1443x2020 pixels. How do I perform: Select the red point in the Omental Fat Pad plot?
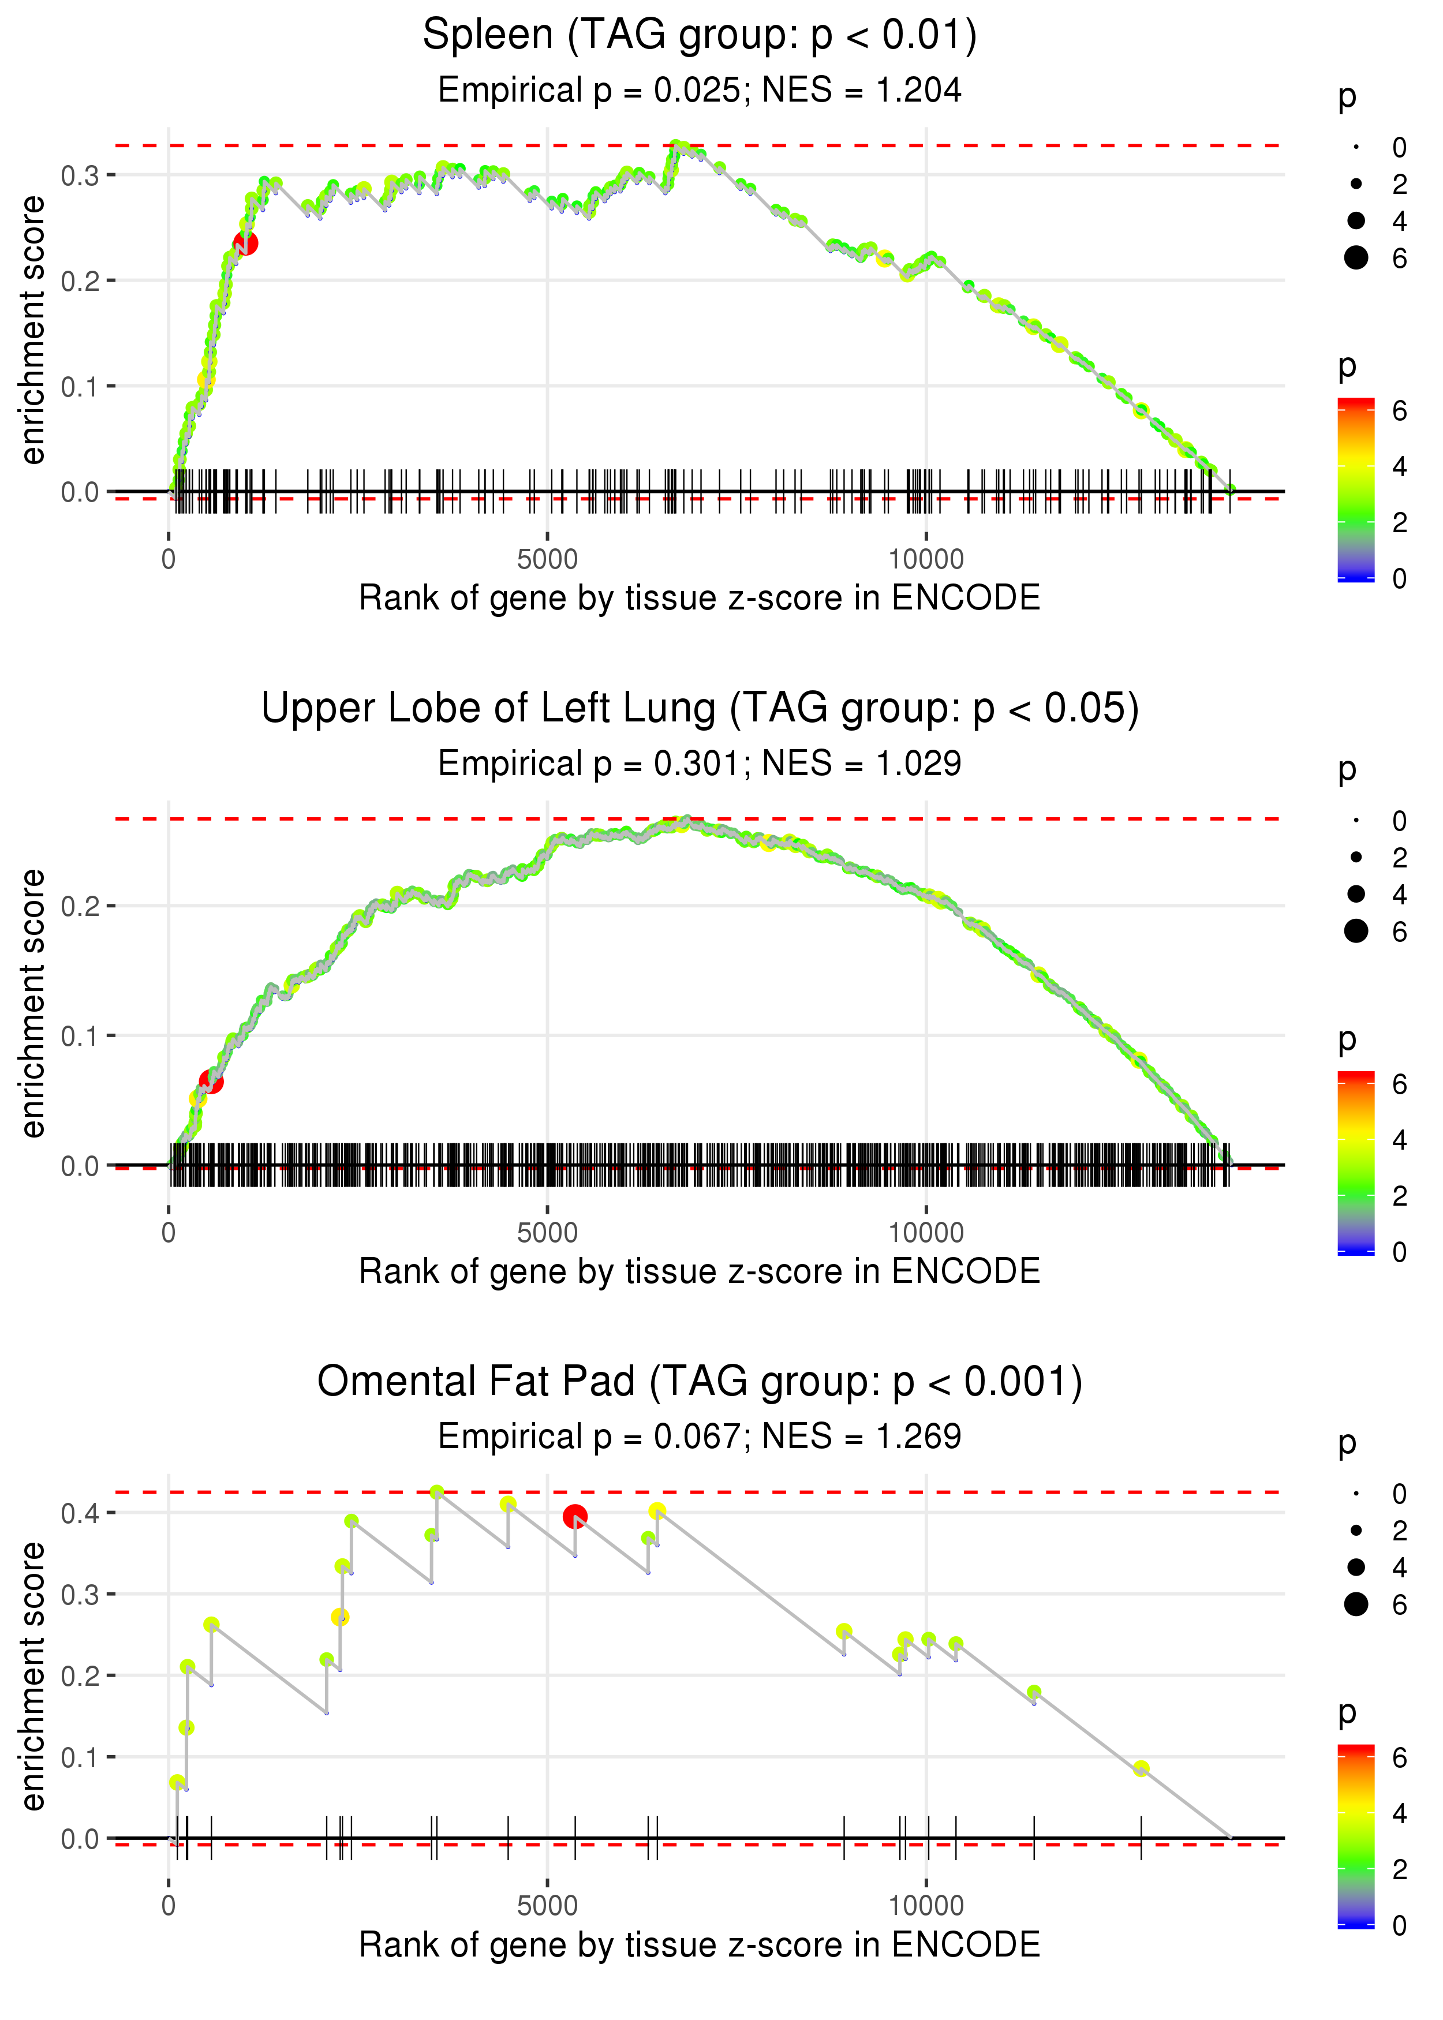[575, 1516]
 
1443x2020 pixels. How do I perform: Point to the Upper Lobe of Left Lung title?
[700, 709]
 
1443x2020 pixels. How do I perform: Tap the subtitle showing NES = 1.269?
[700, 1437]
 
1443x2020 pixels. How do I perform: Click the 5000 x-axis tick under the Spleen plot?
[547, 560]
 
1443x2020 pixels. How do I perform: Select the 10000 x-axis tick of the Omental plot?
[926, 1905]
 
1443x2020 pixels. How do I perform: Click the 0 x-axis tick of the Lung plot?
[169, 1233]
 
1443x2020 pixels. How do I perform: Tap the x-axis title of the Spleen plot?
[700, 598]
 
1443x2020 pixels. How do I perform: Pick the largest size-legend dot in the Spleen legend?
[1356, 257]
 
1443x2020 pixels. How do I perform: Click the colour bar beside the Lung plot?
[1356, 1162]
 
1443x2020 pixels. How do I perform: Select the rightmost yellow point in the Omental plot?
[1142, 1768]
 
